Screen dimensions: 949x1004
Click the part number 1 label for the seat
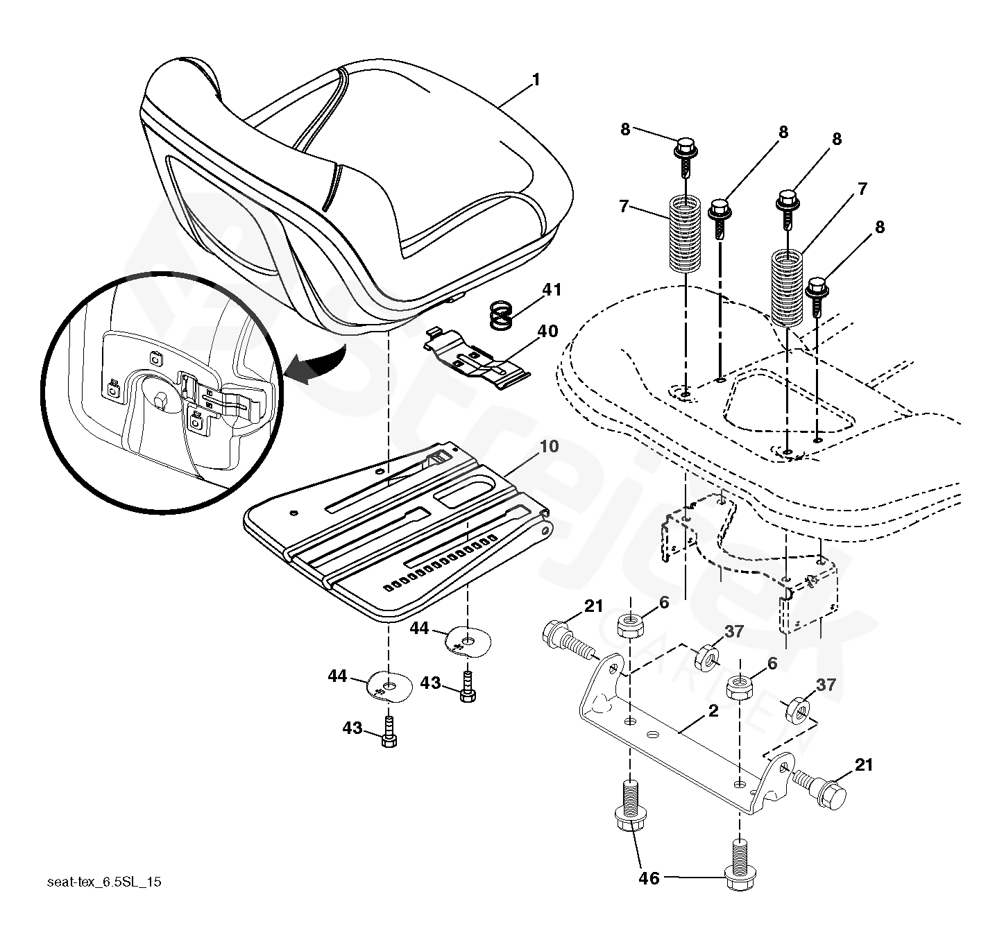(x=535, y=80)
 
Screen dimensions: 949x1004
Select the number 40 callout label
(x=547, y=332)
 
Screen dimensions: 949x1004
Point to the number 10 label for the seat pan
(x=548, y=446)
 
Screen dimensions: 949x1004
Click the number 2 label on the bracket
(x=713, y=712)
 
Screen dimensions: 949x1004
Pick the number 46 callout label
(x=649, y=878)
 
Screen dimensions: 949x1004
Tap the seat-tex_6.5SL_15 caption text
(x=104, y=882)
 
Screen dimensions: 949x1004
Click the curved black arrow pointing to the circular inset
(x=316, y=362)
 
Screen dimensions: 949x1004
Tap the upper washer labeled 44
(x=468, y=641)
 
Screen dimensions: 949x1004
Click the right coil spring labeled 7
(x=788, y=286)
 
